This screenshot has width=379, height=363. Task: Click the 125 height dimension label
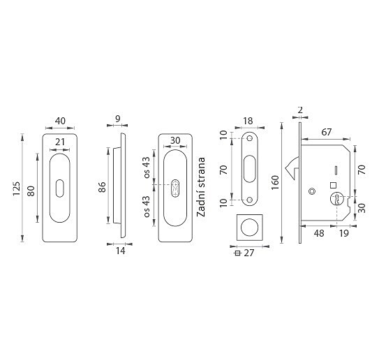pos(17,188)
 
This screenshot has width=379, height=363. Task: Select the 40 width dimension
pos(60,121)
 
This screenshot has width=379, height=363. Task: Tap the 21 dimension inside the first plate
pos(60,142)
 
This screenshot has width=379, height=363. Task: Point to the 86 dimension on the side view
pos(102,187)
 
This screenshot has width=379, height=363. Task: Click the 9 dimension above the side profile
pos(118,119)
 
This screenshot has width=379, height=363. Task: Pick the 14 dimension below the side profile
pos(120,251)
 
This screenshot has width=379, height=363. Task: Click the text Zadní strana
pos(201,187)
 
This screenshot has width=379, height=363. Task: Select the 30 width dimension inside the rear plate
pos(175,140)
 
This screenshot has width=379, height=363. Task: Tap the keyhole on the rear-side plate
pos(175,188)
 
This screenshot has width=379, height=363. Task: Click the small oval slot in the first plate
pos(60,188)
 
